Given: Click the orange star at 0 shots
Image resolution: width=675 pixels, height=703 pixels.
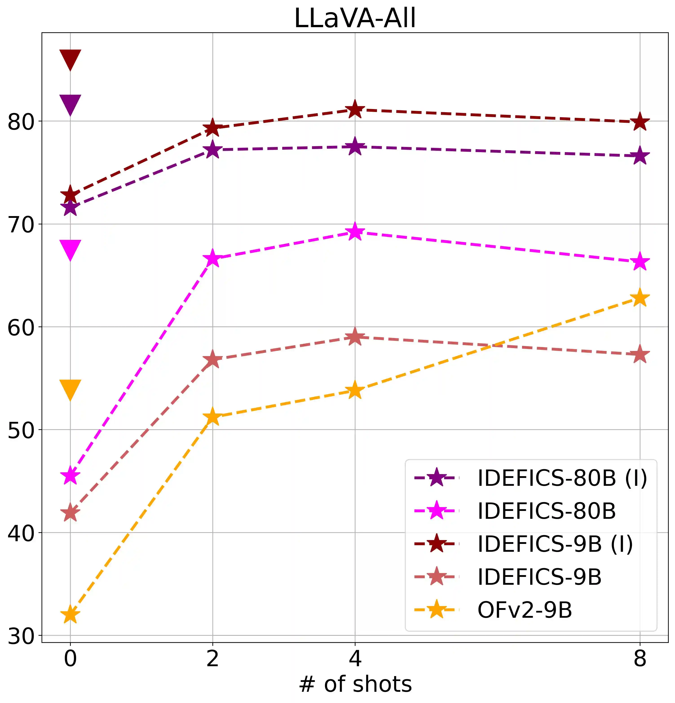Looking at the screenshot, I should coord(70,615).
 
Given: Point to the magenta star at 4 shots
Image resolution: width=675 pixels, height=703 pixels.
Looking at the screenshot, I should coord(355,232).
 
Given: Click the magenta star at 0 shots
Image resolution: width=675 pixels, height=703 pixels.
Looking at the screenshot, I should coord(70,476).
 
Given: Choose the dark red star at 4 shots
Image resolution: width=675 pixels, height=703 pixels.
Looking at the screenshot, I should coord(355,110).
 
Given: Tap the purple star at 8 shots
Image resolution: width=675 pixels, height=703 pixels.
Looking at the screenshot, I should coord(640,156).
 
